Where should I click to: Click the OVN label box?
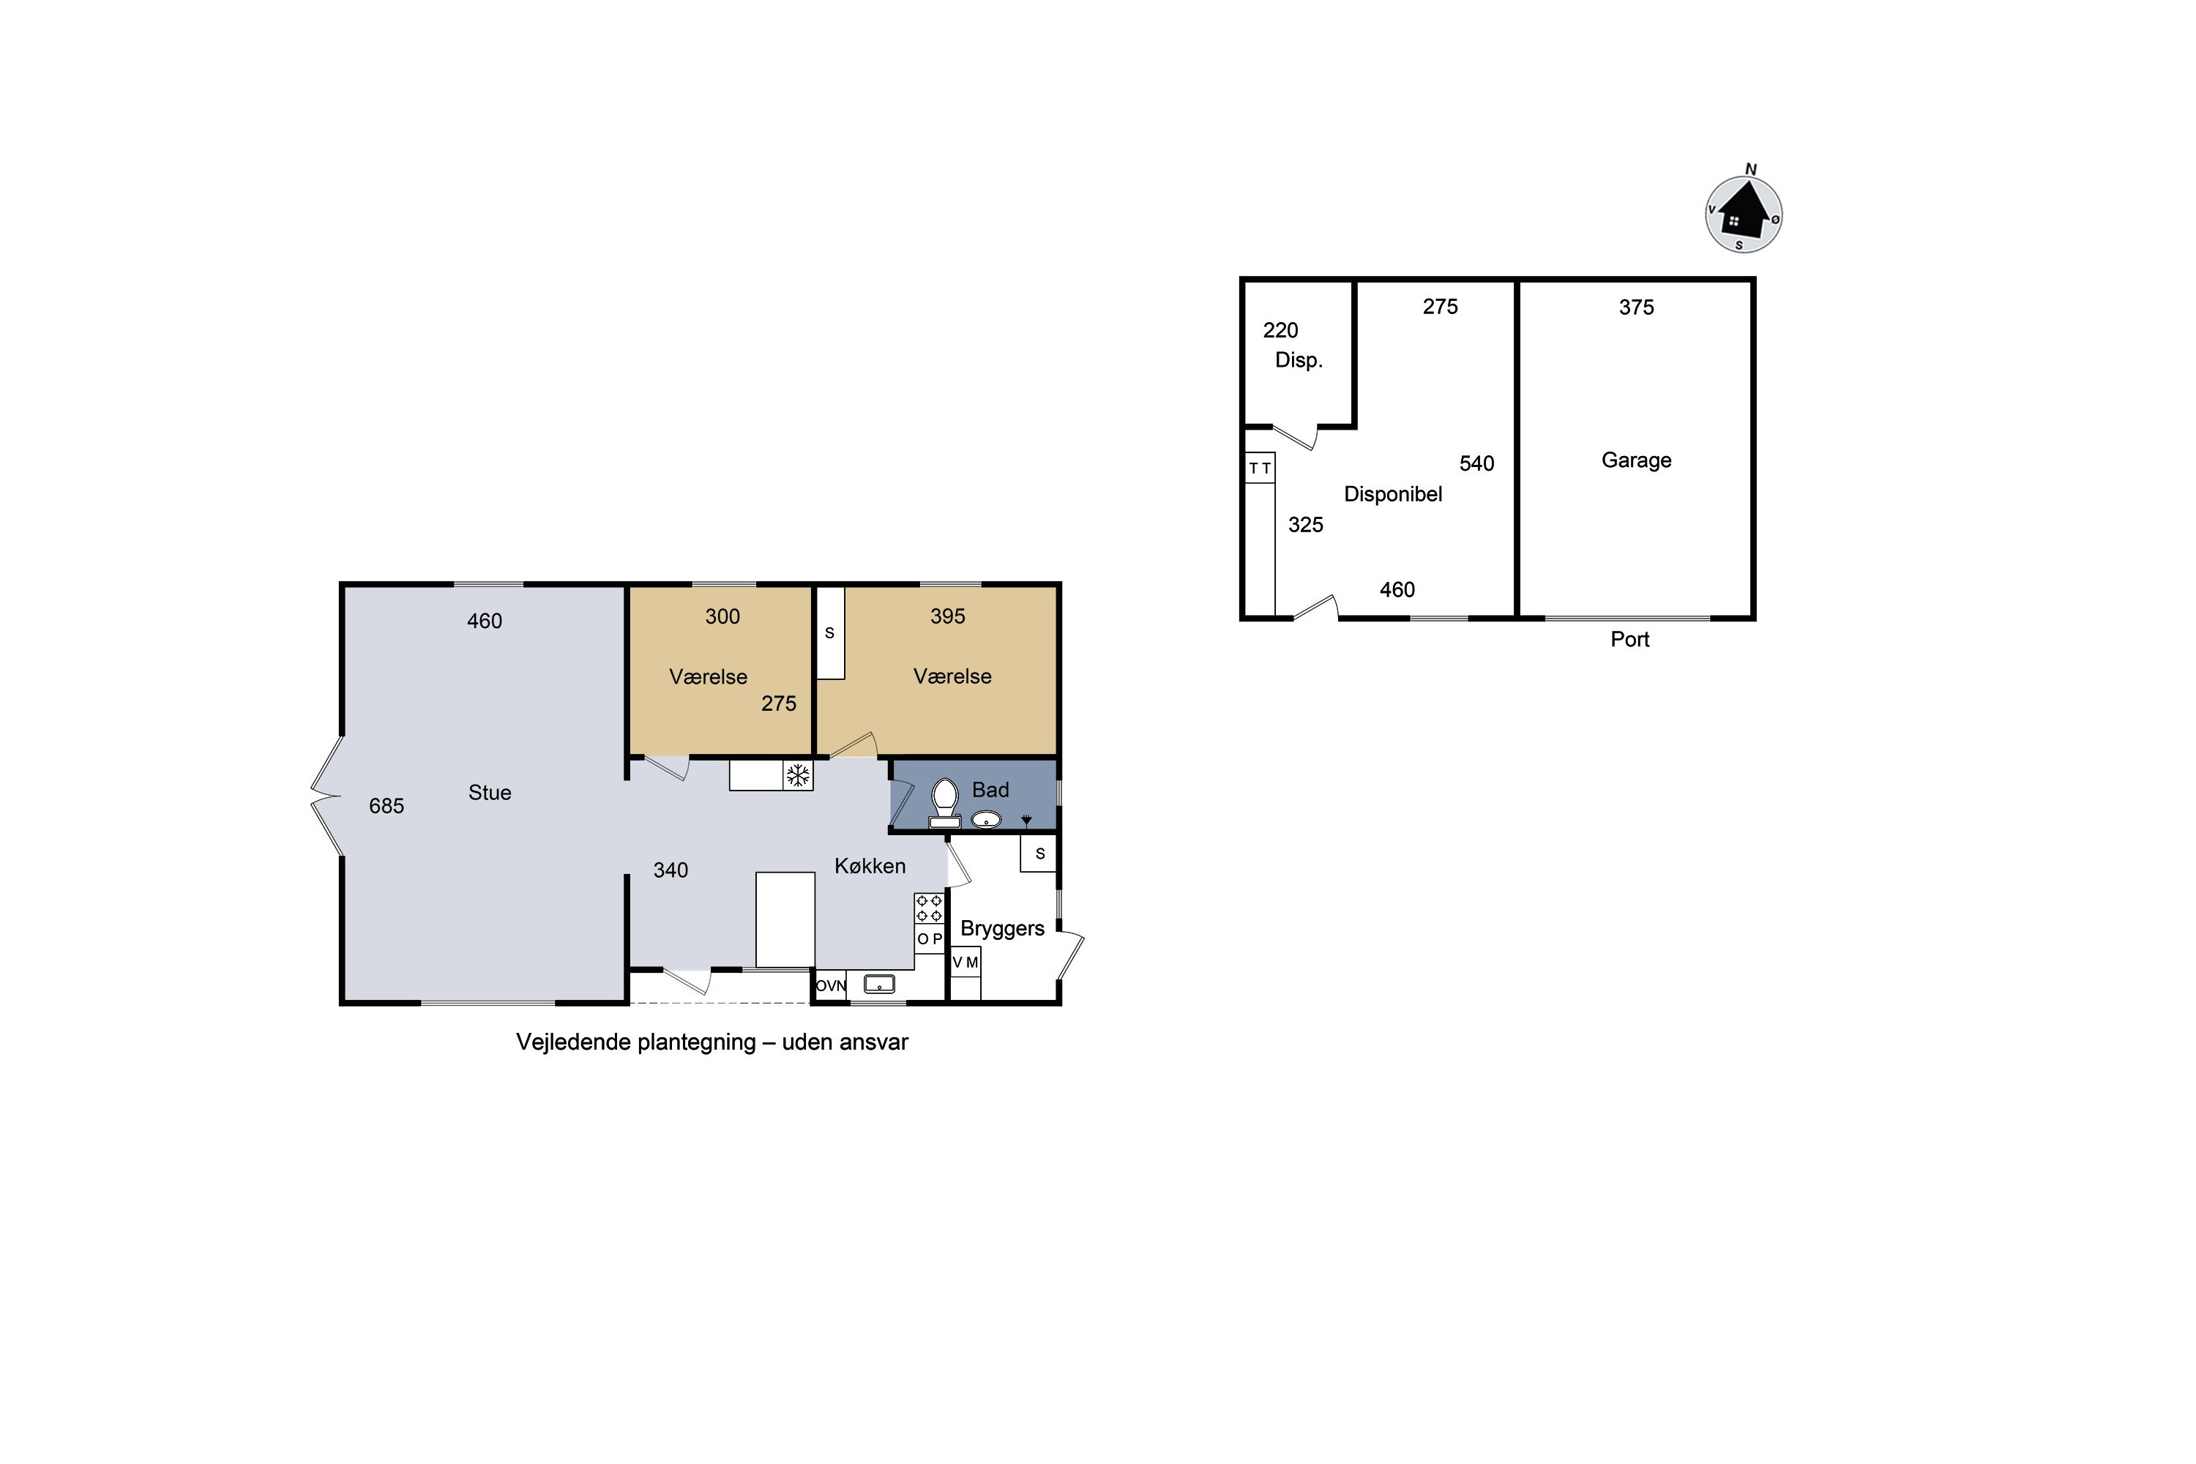pyautogui.click(x=830, y=985)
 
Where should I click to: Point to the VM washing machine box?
pyautogui.click(x=966, y=962)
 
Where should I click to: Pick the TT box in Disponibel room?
pyautogui.click(x=1260, y=468)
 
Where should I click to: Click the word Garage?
pyautogui.click(x=1636, y=460)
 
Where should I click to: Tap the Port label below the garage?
pyautogui.click(x=1629, y=640)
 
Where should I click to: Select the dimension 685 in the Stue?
pyautogui.click(x=386, y=806)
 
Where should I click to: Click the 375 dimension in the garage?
pyautogui.click(x=1636, y=307)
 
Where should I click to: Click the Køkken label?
pyautogui.click(x=870, y=867)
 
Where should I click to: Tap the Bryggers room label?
pyautogui.click(x=1002, y=929)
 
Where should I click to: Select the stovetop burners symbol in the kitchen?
pyautogui.click(x=929, y=908)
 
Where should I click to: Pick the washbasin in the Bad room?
pyautogui.click(x=986, y=820)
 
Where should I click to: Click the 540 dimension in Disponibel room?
pyautogui.click(x=1476, y=464)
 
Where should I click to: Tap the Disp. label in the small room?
pyautogui.click(x=1299, y=360)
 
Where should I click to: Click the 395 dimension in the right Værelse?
pyautogui.click(x=948, y=616)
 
